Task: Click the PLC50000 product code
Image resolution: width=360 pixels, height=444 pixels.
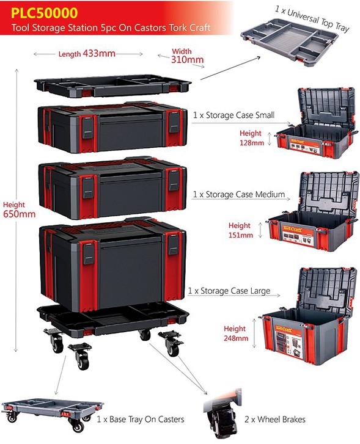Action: (x=44, y=13)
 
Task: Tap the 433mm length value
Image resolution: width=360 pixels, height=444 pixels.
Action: (x=99, y=53)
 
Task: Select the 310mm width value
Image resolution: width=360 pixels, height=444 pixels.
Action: (x=187, y=59)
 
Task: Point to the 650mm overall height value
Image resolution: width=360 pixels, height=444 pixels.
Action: (x=20, y=214)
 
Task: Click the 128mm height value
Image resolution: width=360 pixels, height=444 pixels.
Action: (x=252, y=142)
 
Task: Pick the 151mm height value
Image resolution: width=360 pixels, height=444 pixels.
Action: (x=241, y=235)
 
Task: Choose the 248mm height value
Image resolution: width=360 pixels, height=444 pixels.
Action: (x=236, y=338)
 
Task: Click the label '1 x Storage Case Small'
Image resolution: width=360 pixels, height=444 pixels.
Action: (x=234, y=115)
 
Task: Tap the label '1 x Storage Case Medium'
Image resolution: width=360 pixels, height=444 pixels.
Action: (x=239, y=195)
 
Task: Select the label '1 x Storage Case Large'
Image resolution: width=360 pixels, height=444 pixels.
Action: (x=229, y=291)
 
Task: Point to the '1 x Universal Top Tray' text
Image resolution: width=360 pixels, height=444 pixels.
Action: (x=312, y=19)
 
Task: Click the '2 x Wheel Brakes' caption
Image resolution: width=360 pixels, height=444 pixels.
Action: (x=275, y=420)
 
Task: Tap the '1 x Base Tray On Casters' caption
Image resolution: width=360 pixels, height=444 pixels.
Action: (x=141, y=419)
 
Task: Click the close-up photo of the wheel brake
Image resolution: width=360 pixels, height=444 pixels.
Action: (x=222, y=413)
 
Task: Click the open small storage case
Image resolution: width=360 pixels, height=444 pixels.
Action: (x=315, y=123)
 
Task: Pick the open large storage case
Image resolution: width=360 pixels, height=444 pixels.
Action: (x=309, y=316)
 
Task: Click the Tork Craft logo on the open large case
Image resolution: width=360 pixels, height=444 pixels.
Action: (x=284, y=329)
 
